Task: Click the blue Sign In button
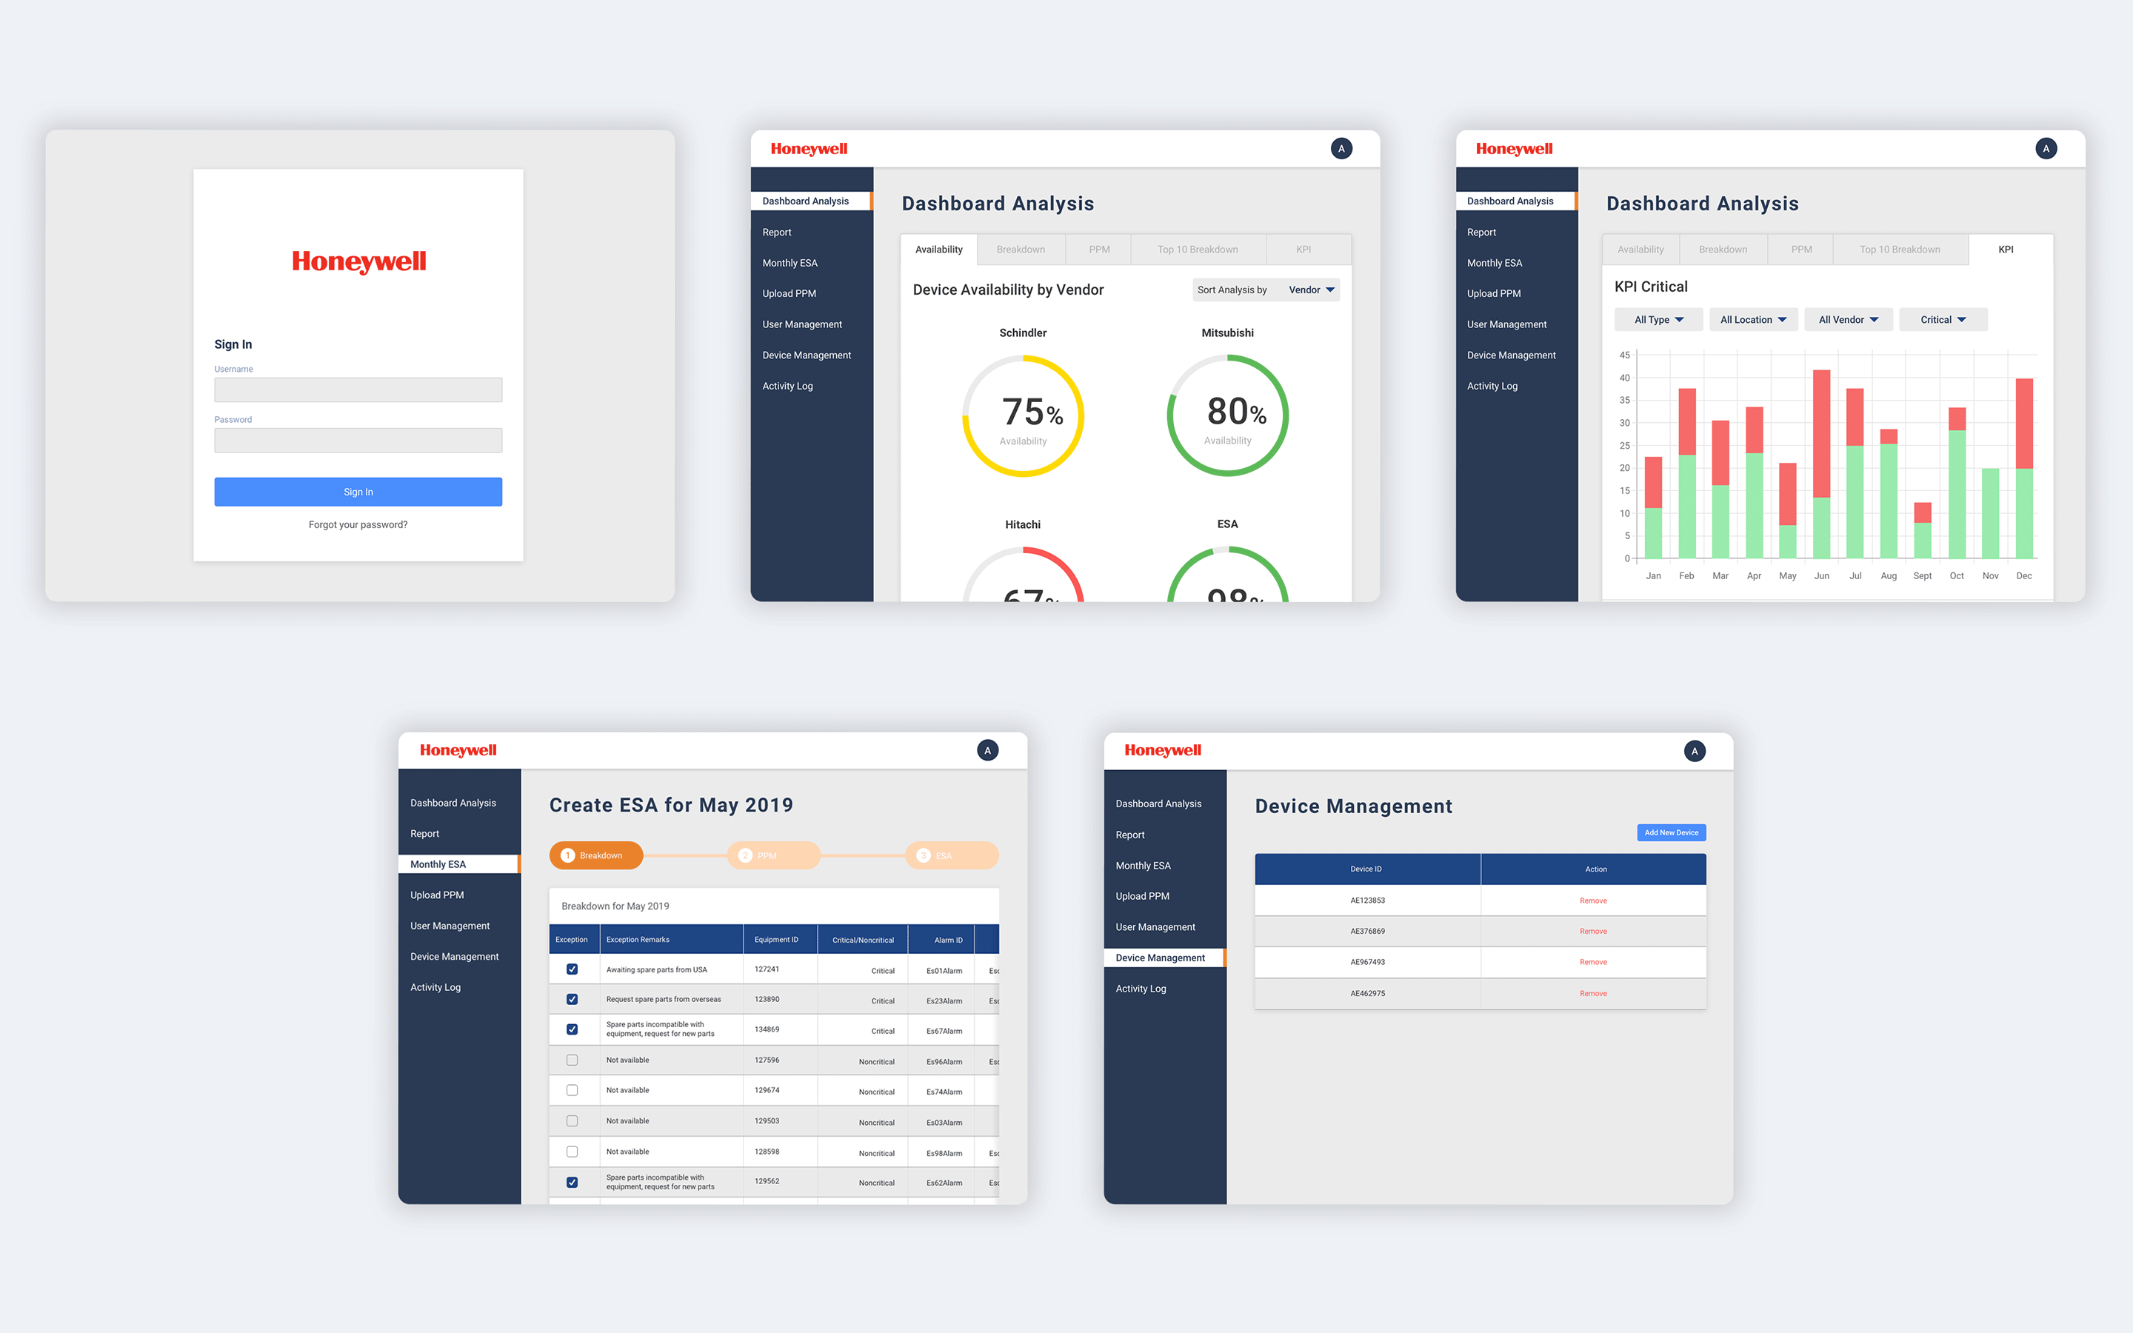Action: pos(358,492)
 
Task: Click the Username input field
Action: pos(358,390)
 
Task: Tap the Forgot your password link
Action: pos(358,524)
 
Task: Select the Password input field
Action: pos(358,440)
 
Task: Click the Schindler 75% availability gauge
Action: pos(1022,415)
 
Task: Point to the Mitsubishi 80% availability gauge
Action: pos(1227,415)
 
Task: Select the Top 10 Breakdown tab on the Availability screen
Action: pos(1197,250)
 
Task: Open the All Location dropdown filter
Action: pos(1752,320)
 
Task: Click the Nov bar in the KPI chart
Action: pos(1989,513)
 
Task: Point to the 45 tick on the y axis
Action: pos(1624,355)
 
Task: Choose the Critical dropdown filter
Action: pos(1943,320)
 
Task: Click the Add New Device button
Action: pos(1670,832)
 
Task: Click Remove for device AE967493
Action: pos(1592,962)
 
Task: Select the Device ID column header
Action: pos(1366,869)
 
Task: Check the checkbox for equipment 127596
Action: pos(572,1060)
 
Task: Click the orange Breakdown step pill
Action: pos(595,855)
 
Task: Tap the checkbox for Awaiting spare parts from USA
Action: pos(572,969)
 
